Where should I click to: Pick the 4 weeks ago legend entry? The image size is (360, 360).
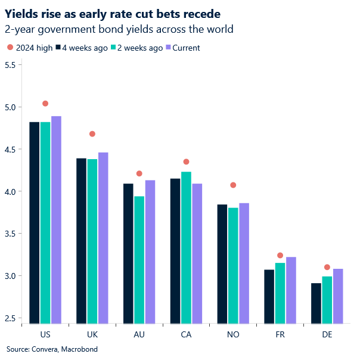(x=81, y=48)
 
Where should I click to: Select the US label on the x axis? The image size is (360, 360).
(x=45, y=335)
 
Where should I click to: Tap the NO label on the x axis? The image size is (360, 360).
(x=233, y=335)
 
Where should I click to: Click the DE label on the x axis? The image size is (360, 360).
(x=327, y=335)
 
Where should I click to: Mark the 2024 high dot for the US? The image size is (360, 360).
(x=45, y=104)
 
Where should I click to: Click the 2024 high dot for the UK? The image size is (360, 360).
(x=92, y=134)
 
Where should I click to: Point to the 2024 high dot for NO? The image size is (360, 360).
(x=233, y=185)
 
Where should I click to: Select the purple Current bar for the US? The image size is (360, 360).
(x=56, y=221)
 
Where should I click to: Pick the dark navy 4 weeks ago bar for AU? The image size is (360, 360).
(x=128, y=254)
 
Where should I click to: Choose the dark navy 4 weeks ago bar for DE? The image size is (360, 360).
(x=316, y=303)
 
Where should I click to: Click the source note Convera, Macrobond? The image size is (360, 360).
(x=52, y=349)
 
